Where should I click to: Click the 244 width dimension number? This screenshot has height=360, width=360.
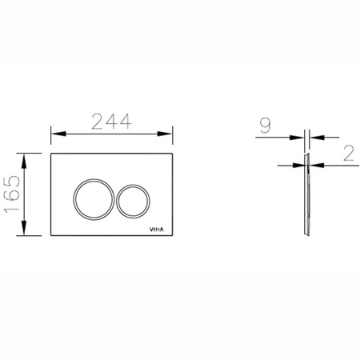point(111,122)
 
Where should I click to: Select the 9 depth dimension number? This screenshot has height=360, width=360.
point(266,126)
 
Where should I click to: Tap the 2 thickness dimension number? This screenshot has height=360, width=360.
point(349,154)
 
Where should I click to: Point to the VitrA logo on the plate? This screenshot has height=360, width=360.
point(157,230)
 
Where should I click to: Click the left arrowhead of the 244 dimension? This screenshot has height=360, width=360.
point(58,134)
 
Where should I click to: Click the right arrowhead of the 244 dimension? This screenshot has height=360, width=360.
point(165,134)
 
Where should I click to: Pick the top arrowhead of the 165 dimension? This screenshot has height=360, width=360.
point(24,161)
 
